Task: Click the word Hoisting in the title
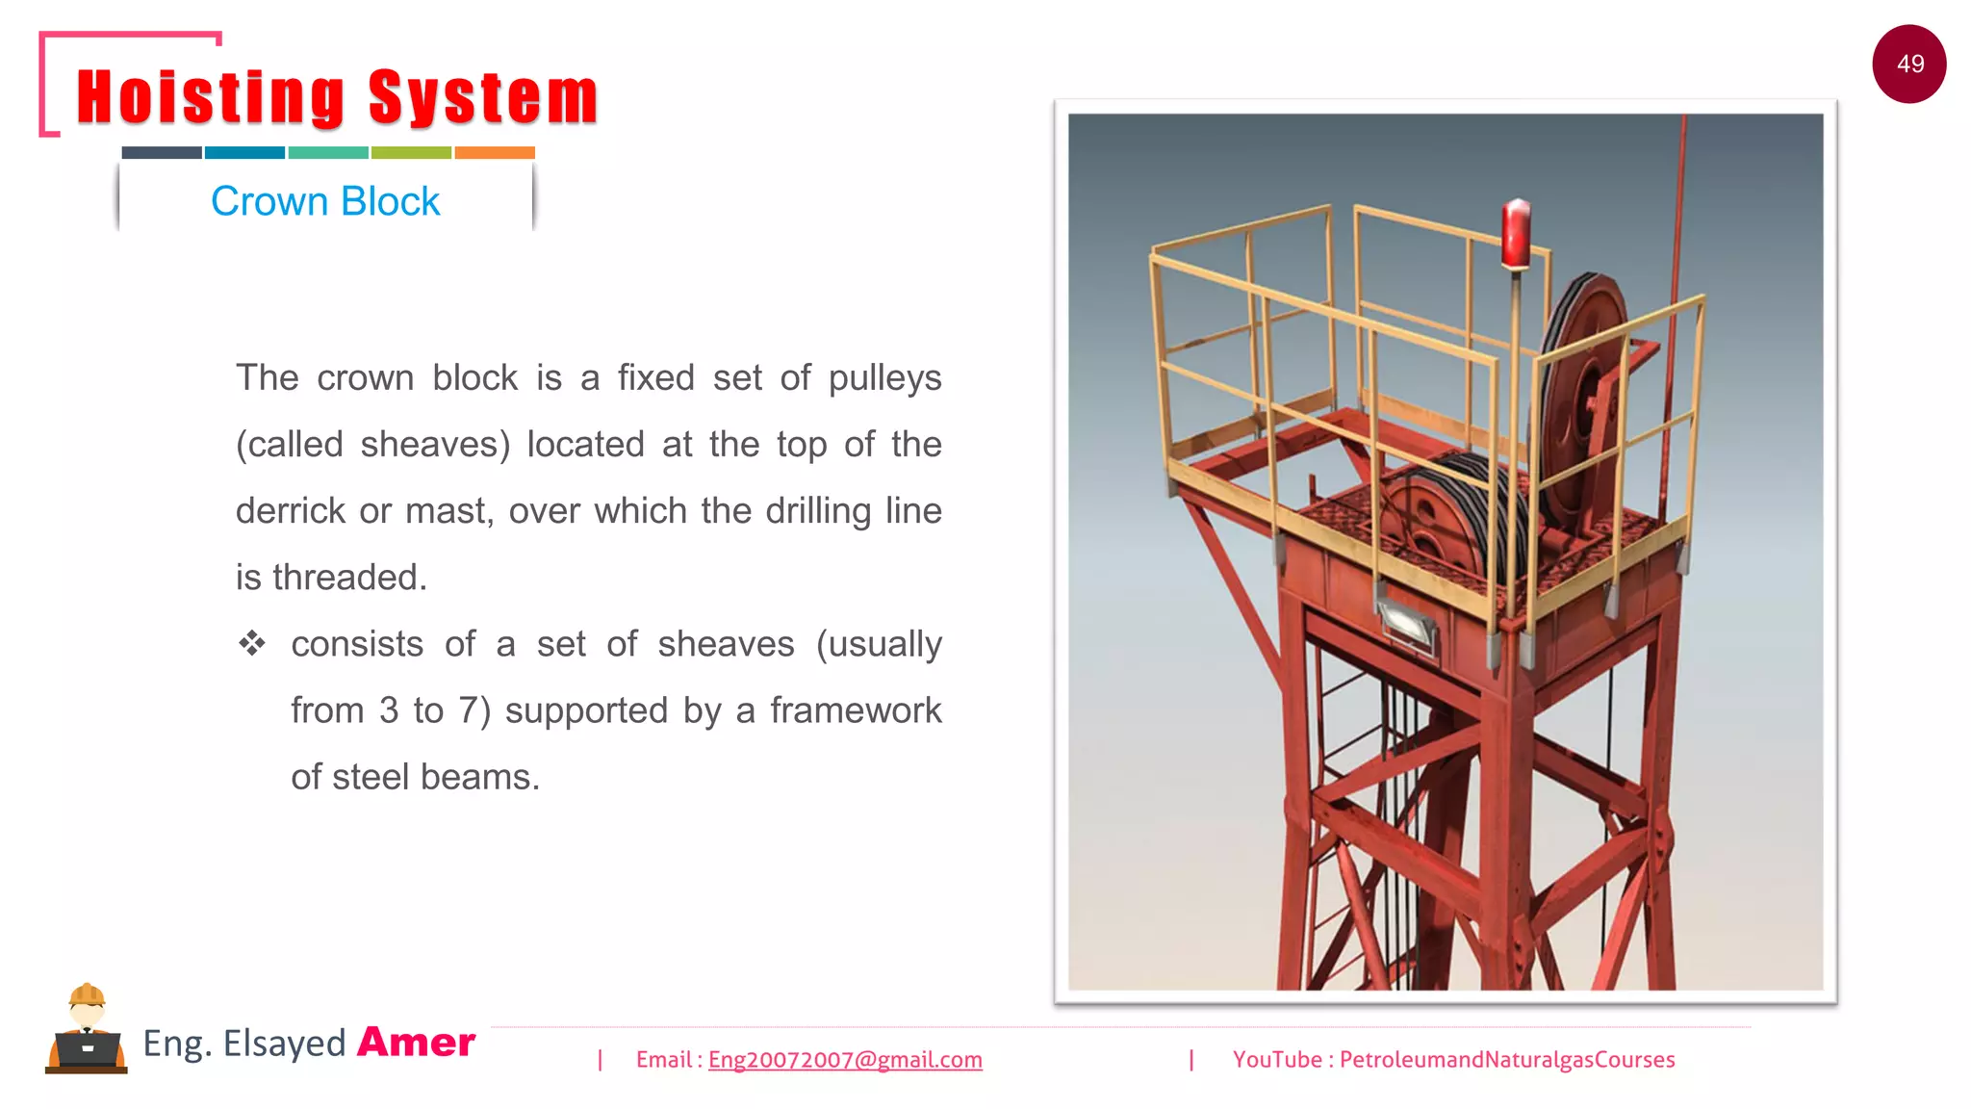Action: [x=210, y=98]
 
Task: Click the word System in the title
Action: [x=483, y=98]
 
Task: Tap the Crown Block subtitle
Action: [x=325, y=201]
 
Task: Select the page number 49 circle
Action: [x=1909, y=64]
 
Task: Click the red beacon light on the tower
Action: [x=1516, y=233]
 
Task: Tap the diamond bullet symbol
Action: [x=252, y=643]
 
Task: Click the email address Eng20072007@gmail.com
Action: [x=845, y=1060]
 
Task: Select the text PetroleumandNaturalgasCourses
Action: [x=1507, y=1060]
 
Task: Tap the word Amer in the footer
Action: [x=416, y=1043]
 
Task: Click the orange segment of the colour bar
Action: [x=495, y=152]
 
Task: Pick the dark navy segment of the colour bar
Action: [x=162, y=152]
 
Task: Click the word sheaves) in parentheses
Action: [x=435, y=445]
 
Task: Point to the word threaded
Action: [x=349, y=578]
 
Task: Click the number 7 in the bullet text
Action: [x=468, y=710]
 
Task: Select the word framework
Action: [x=856, y=710]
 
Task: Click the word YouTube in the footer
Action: [x=1277, y=1060]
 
